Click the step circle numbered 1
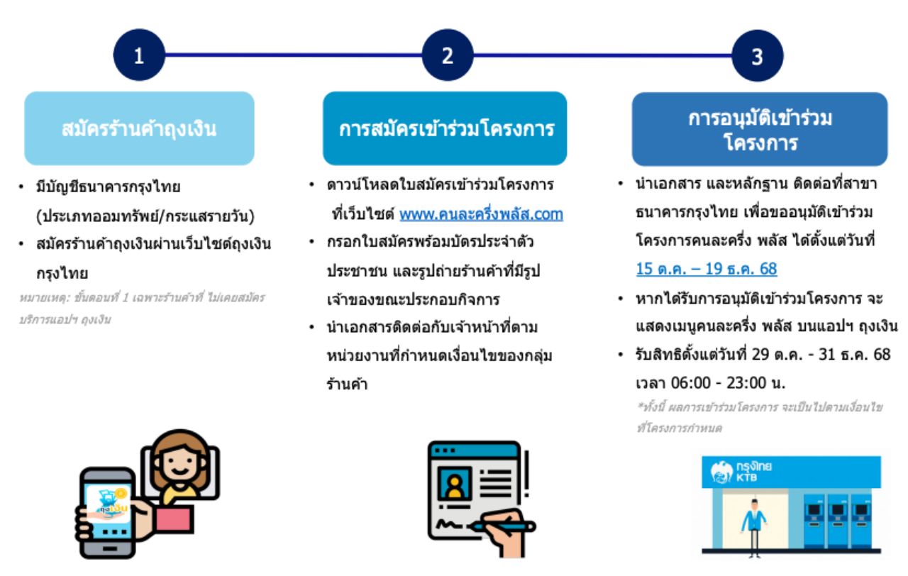(x=139, y=55)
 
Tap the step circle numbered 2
(x=448, y=55)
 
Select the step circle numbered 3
(x=758, y=55)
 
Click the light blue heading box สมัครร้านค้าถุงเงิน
(x=140, y=128)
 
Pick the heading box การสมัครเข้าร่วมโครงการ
(x=445, y=128)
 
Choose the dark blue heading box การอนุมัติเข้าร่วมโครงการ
(x=760, y=129)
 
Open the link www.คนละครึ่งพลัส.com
(x=481, y=214)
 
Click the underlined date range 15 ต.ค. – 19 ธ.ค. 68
(x=707, y=269)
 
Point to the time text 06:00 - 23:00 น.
(x=728, y=382)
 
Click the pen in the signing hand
(x=503, y=526)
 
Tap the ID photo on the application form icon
(x=455, y=483)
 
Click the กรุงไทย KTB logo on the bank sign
(x=741, y=472)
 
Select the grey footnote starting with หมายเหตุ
(x=142, y=309)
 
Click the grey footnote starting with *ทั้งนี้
(x=759, y=417)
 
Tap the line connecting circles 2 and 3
(x=603, y=55)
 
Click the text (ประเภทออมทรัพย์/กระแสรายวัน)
(x=145, y=216)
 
